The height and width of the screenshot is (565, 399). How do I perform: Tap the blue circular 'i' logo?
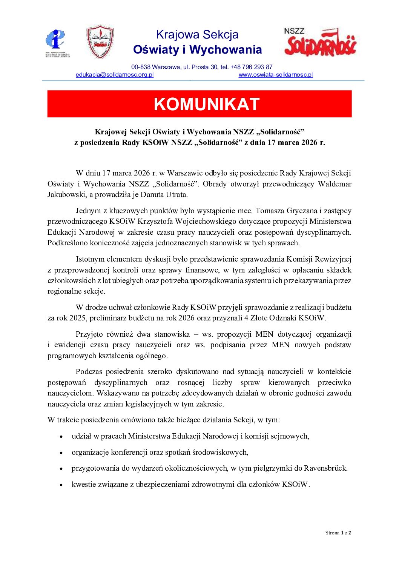(x=55, y=39)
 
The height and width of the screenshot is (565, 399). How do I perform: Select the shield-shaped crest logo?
(x=100, y=42)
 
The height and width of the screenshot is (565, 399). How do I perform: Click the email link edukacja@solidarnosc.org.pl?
(x=115, y=75)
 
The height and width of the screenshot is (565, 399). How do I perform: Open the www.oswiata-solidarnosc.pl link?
(x=276, y=75)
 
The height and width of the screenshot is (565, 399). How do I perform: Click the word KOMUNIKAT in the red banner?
(x=207, y=104)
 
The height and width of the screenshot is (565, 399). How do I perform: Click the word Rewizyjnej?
(x=332, y=259)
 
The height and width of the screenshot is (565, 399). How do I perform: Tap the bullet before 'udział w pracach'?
(x=61, y=437)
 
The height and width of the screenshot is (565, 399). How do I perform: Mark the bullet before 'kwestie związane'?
(x=61, y=485)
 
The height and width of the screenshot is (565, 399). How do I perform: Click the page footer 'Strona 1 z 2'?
(x=338, y=533)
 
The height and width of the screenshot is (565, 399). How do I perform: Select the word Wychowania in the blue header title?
(x=226, y=49)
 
